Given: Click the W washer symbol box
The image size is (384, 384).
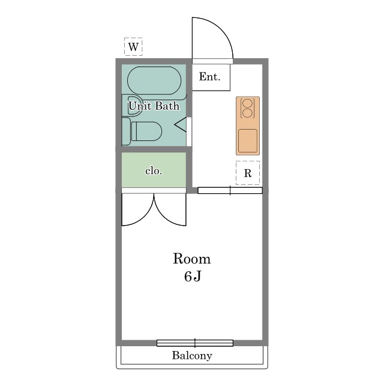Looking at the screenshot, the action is point(133,47).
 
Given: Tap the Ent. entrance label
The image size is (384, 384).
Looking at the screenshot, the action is point(209,77).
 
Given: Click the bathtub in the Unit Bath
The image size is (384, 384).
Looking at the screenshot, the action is point(154,80).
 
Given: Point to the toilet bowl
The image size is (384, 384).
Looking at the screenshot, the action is point(146,131).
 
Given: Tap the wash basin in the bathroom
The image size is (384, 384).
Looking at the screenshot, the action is point(132,106).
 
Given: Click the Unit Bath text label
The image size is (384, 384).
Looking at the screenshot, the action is point(154,106).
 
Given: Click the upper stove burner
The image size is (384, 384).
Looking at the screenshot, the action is point(247,103).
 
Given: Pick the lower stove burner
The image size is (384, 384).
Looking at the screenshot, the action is point(247,113).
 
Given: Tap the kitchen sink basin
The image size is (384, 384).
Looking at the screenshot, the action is point(248,140).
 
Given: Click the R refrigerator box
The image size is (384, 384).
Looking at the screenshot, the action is point(248,173).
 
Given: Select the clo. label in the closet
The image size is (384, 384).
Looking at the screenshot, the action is point(154,170).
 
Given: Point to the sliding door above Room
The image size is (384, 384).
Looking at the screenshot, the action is point(230,191).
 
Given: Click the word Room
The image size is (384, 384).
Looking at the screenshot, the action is point(192,259).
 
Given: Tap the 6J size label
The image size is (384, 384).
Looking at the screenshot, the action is point(193,277).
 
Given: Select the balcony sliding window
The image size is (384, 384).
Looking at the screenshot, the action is point(195,343).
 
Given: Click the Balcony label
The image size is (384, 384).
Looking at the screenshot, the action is point(192,356).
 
